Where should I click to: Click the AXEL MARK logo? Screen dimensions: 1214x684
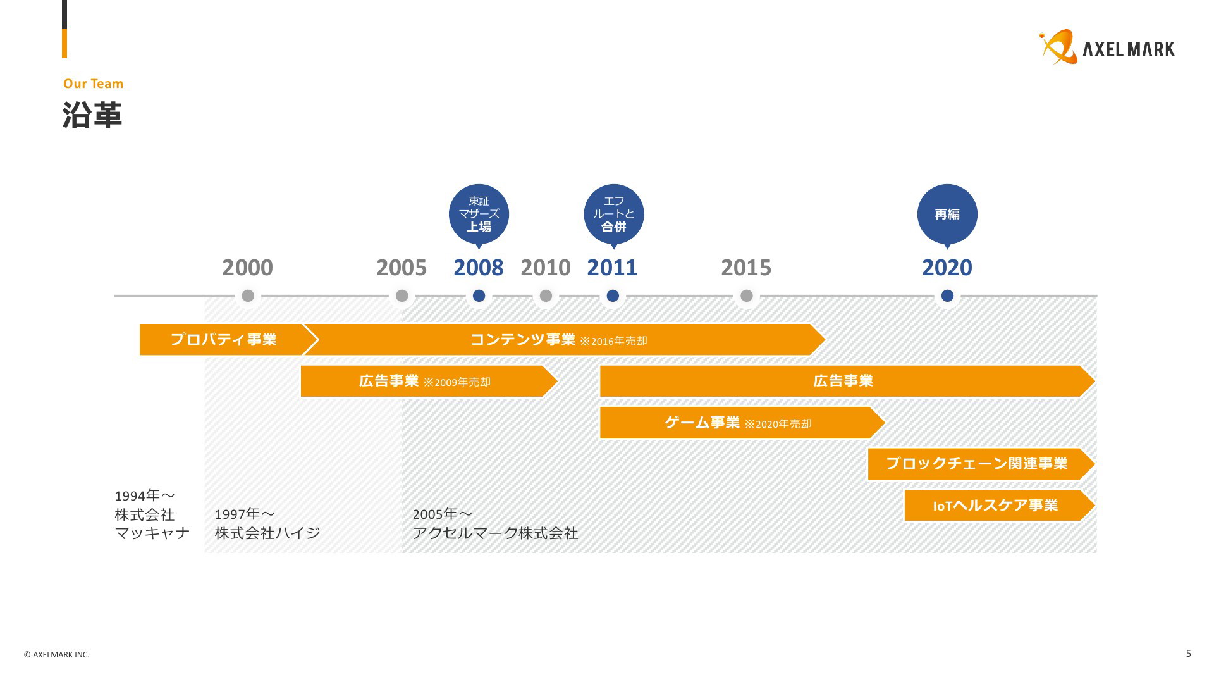(x=1107, y=47)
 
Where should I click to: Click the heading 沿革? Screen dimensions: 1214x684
(x=92, y=115)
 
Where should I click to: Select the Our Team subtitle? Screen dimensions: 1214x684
(x=93, y=84)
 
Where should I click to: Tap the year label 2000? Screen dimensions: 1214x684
(x=247, y=268)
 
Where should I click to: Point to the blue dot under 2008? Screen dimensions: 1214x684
(x=479, y=295)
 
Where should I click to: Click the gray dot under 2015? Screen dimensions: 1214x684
(x=746, y=295)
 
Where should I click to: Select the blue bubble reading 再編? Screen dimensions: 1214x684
(x=947, y=215)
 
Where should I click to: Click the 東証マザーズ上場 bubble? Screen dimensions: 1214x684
(x=479, y=215)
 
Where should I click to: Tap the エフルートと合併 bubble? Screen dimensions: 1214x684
(x=613, y=215)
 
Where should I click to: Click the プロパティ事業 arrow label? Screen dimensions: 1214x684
(x=223, y=340)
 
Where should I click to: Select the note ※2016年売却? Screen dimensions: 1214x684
(x=613, y=341)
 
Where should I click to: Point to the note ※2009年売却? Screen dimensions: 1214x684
(x=457, y=382)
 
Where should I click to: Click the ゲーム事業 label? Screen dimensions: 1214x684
(x=702, y=422)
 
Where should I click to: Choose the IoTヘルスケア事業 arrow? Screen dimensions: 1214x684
(x=1000, y=506)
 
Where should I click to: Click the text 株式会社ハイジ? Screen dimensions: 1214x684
(x=267, y=533)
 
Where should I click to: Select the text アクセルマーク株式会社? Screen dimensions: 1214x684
(x=495, y=533)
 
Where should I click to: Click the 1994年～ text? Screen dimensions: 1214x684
(x=145, y=495)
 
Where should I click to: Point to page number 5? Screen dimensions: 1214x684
(x=1188, y=654)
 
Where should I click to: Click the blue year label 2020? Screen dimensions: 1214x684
(x=947, y=268)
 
